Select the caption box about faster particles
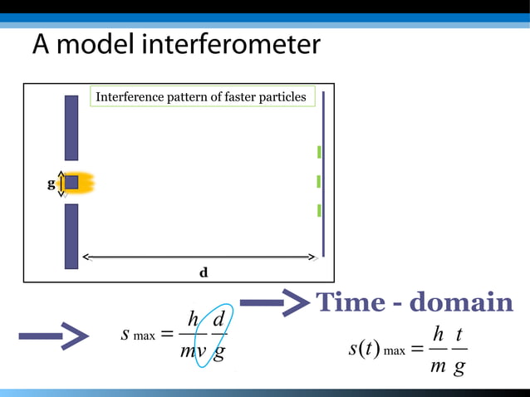[200, 97]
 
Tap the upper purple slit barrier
[71, 127]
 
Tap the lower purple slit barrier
[71, 236]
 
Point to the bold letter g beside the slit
[51, 184]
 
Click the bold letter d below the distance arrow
[203, 272]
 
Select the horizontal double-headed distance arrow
[199, 257]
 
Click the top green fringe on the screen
[319, 152]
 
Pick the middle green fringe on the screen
[319, 181]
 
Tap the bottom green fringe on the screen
[319, 210]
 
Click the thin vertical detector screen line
[323, 174]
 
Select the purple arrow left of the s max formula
[53, 336]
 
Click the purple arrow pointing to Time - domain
[274, 302]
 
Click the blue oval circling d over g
[215, 336]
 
